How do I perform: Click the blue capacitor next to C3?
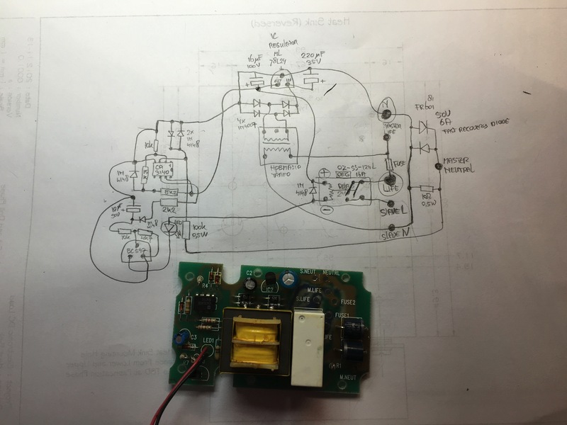[183, 338]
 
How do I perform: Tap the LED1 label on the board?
[208, 342]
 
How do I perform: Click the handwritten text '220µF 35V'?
[313, 59]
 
